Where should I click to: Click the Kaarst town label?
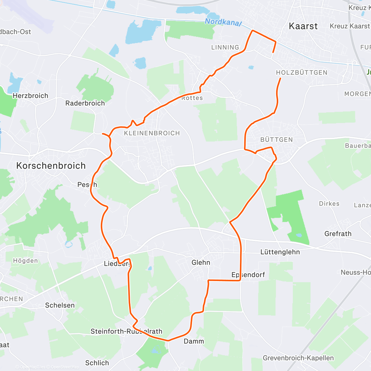click(303, 26)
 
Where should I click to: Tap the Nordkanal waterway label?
click(223, 22)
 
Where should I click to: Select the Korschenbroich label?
click(51, 166)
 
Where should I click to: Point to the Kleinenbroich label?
click(152, 133)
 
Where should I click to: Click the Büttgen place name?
click(276, 140)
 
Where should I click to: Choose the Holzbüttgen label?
click(301, 73)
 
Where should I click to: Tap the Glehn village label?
click(201, 262)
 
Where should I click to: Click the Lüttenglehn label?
click(280, 252)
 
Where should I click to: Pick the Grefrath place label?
click(338, 234)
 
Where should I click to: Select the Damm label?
click(194, 341)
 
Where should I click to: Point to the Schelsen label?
click(60, 305)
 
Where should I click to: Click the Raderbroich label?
click(85, 103)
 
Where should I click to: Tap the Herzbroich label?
click(30, 96)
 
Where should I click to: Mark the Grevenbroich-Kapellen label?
click(298, 358)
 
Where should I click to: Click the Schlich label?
click(97, 363)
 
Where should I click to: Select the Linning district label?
click(225, 48)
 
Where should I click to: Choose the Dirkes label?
click(329, 204)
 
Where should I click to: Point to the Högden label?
click(25, 261)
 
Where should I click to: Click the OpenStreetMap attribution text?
click(65, 367)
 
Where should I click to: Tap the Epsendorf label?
click(248, 275)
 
